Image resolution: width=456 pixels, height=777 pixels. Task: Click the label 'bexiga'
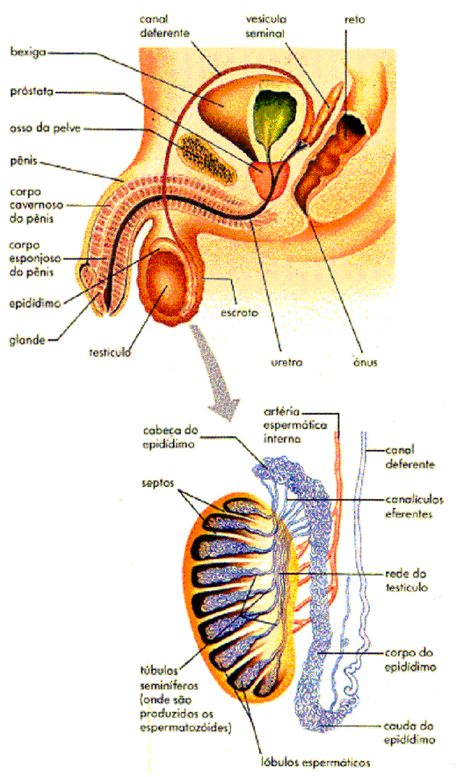(x=28, y=52)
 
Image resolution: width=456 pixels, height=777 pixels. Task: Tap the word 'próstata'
(x=31, y=92)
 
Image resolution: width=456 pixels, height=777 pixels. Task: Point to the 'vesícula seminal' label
(x=266, y=27)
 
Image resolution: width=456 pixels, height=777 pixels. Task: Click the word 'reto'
(x=355, y=20)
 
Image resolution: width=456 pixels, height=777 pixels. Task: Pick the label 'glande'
(x=27, y=341)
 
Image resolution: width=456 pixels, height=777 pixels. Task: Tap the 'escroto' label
(x=239, y=313)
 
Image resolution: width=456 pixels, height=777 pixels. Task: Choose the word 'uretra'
(x=287, y=362)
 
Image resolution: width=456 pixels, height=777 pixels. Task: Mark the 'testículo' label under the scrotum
(x=110, y=353)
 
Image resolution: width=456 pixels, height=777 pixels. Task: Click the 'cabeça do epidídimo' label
(x=170, y=437)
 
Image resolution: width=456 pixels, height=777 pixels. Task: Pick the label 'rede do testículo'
(x=406, y=581)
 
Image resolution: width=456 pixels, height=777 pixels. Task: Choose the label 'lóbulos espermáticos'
(x=316, y=762)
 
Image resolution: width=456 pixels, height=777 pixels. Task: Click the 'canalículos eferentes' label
(x=409, y=506)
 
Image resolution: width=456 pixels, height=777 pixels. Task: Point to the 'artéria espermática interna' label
(x=295, y=425)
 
